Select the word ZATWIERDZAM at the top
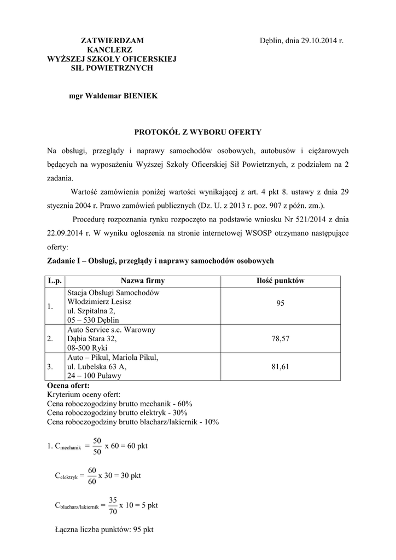pyautogui.click(x=113, y=40)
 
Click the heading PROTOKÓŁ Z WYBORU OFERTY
pyautogui.click(x=198, y=132)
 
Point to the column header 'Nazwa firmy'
pyautogui.click(x=142, y=281)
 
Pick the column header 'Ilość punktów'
pyautogui.click(x=280, y=281)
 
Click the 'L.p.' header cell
pyautogui.click(x=54, y=281)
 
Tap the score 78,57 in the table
pyautogui.click(x=280, y=339)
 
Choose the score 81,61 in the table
pyautogui.click(x=280, y=367)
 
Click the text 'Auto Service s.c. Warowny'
pyautogui.click(x=111, y=330)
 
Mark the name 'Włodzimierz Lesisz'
pyautogui.click(x=100, y=301)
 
